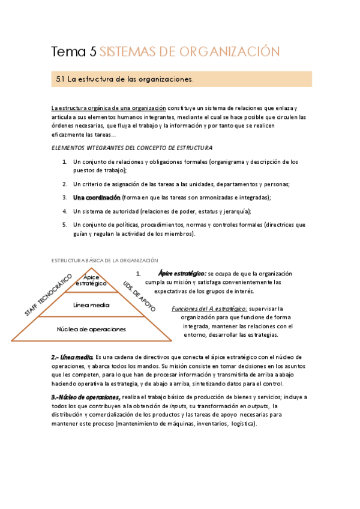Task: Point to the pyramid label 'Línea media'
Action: coord(91,305)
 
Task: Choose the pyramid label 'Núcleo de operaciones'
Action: coord(91,329)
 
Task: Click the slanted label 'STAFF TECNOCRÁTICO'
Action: coord(48,295)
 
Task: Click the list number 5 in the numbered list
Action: coord(65,224)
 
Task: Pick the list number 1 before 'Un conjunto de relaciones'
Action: coord(65,162)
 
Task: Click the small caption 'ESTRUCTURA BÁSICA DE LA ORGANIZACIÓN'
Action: coord(104,260)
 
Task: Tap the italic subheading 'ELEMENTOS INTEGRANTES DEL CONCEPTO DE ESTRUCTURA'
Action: coord(131,148)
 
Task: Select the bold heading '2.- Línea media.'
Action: coord(73,357)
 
